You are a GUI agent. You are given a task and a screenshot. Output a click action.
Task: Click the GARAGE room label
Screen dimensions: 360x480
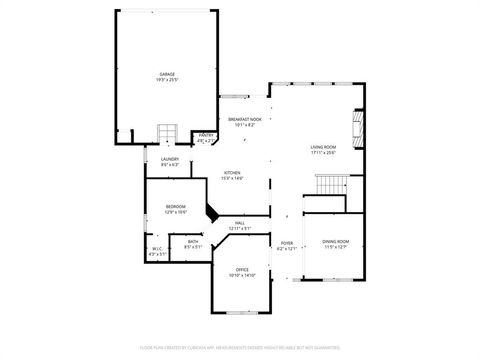pyautogui.click(x=167, y=75)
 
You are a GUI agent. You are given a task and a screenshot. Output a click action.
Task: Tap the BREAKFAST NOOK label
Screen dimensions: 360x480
pyautogui.click(x=245, y=121)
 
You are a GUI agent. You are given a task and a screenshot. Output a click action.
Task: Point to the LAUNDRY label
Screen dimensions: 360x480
pyautogui.click(x=170, y=159)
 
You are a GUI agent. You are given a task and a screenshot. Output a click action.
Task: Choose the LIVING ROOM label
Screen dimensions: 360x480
pyautogui.click(x=323, y=147)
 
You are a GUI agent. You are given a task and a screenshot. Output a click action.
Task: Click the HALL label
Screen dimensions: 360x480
pyautogui.click(x=240, y=223)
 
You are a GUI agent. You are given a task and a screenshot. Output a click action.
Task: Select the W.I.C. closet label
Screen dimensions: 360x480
pyautogui.click(x=158, y=249)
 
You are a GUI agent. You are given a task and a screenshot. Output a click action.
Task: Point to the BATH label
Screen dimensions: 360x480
pyautogui.click(x=193, y=242)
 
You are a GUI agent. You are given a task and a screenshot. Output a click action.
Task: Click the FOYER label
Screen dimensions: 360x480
pyautogui.click(x=286, y=243)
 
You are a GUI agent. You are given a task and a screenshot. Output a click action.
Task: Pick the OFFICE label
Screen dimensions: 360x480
pyautogui.click(x=242, y=269)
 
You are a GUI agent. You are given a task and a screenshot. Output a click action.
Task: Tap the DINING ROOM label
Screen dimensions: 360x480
pyautogui.click(x=336, y=242)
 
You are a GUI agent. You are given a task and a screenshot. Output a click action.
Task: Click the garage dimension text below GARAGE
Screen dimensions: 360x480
pyautogui.click(x=167, y=81)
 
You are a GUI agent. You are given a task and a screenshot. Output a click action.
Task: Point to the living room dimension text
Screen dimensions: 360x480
pyautogui.click(x=323, y=153)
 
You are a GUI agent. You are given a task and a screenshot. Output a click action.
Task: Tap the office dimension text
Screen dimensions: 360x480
pyautogui.click(x=242, y=275)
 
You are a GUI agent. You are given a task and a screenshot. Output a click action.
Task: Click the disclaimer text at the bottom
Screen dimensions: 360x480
pyautogui.click(x=240, y=347)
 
